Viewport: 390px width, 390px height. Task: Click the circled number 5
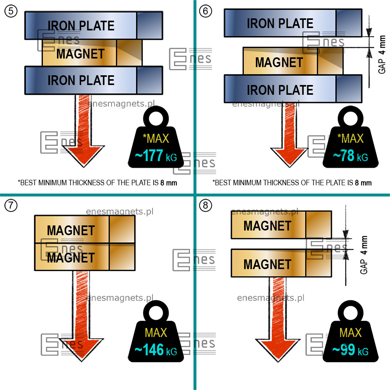click(x=11, y=11)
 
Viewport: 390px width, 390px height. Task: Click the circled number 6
click(x=206, y=11)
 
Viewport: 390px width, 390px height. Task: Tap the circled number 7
click(x=11, y=206)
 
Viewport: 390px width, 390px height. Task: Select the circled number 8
click(x=206, y=206)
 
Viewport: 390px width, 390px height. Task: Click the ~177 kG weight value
click(x=156, y=156)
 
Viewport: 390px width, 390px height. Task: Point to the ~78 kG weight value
click(x=351, y=156)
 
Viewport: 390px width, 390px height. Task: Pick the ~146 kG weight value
click(x=156, y=350)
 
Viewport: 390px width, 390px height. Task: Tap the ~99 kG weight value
click(x=351, y=350)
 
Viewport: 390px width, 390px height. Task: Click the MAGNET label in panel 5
click(x=80, y=54)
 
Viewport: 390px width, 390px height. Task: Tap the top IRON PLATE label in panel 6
click(x=280, y=23)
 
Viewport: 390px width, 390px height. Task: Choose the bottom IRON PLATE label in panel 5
click(x=81, y=80)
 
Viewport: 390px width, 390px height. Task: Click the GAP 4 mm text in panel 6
click(x=382, y=55)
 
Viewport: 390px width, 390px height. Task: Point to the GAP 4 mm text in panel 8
click(x=364, y=255)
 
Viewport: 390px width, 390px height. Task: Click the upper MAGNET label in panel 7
click(x=71, y=230)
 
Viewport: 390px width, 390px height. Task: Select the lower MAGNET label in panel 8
click(x=268, y=264)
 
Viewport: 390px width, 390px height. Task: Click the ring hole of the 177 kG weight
click(x=156, y=119)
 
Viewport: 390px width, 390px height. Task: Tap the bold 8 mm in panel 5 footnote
click(x=168, y=183)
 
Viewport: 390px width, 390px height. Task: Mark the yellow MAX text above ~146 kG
click(x=156, y=333)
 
